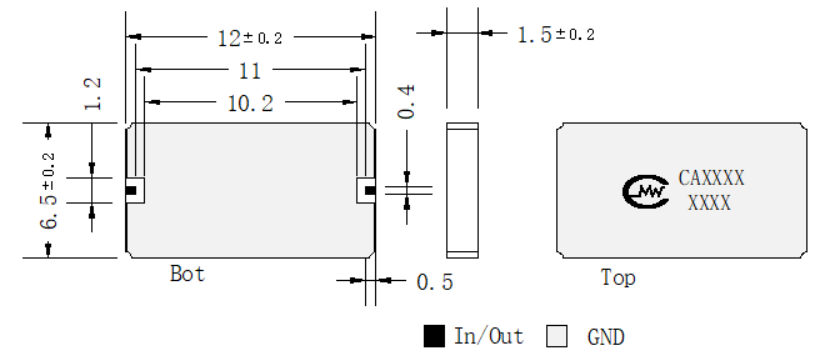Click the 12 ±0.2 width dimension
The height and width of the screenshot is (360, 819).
click(x=250, y=38)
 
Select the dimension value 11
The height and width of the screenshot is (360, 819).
click(x=250, y=71)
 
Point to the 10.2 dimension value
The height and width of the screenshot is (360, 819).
click(x=251, y=103)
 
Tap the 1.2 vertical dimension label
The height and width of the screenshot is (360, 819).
click(x=92, y=94)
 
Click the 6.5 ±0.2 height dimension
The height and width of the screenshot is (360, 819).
click(x=49, y=191)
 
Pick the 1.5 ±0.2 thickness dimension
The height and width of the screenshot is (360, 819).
click(x=556, y=35)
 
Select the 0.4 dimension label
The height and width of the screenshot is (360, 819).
click(x=406, y=101)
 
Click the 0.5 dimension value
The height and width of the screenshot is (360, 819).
click(x=435, y=283)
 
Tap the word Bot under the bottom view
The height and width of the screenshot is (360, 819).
click(x=188, y=273)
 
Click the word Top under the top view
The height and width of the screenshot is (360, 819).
click(x=618, y=277)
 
